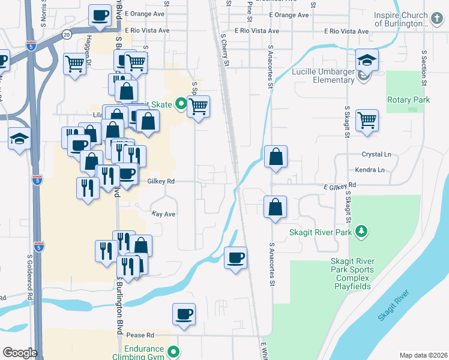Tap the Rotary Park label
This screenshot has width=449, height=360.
click(x=408, y=100)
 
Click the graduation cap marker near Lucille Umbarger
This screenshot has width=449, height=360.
click(x=366, y=60)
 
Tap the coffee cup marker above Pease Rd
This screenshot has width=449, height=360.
click(x=184, y=314)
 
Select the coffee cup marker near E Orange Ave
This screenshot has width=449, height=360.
click(x=100, y=15)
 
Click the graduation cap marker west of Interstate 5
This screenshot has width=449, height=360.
click(x=19, y=138)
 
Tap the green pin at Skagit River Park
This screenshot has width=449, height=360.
click(x=361, y=231)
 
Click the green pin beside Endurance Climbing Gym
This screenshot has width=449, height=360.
click(x=173, y=352)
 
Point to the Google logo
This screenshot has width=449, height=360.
click(x=19, y=353)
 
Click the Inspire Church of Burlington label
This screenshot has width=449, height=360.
click(x=400, y=19)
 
